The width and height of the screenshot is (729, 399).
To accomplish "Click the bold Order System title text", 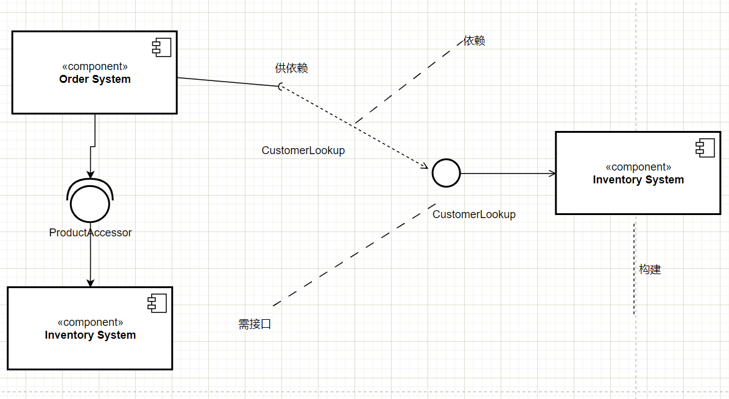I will click(94, 79).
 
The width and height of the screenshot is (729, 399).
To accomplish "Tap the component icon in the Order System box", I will click(161, 47).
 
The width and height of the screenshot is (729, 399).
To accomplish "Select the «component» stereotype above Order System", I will click(94, 66).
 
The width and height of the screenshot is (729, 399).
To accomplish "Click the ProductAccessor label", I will click(90, 233).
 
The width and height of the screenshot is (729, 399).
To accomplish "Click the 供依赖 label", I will click(292, 68).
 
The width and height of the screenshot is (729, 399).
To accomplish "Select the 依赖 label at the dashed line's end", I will click(474, 41).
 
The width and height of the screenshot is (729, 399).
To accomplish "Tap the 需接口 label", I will click(255, 325).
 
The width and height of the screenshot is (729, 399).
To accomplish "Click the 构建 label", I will click(650, 269).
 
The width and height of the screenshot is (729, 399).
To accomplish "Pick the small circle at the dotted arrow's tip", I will click(446, 173).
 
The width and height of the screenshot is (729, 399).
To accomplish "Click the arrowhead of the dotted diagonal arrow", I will click(426, 164).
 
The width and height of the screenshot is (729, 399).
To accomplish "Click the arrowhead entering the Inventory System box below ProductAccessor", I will click(90, 282).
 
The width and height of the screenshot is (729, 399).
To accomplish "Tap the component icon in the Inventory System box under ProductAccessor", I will click(157, 303).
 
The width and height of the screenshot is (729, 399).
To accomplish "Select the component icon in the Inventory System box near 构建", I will click(705, 148).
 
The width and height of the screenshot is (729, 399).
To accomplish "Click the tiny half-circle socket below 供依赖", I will click(280, 87).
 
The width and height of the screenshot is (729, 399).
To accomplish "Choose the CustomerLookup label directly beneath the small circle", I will click(474, 214).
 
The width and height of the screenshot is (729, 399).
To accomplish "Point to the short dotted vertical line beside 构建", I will click(634, 268).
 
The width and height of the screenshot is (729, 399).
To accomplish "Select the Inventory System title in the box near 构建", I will click(638, 180).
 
